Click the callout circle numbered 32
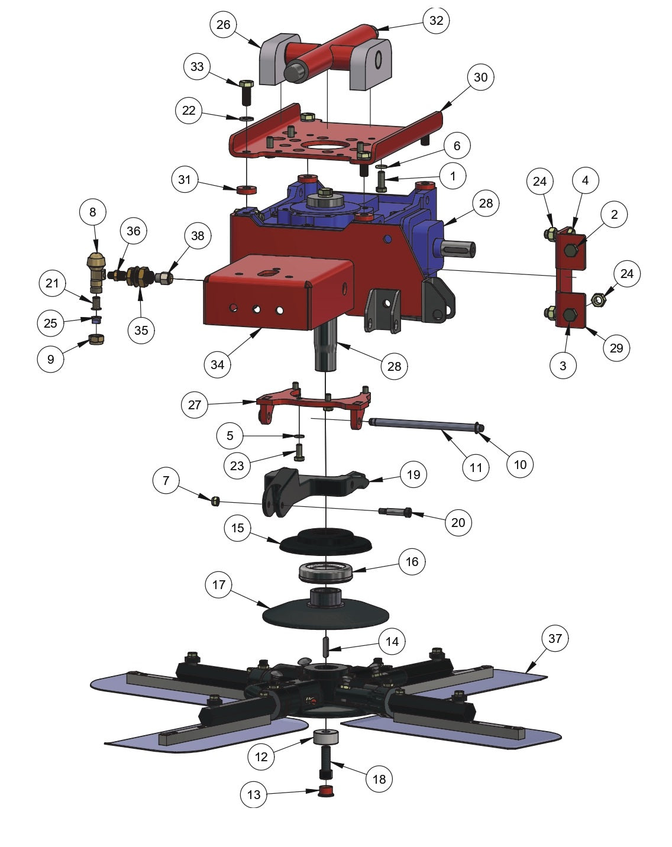point(436,21)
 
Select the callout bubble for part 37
point(554,638)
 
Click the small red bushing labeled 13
point(325,791)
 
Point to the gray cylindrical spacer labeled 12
point(325,738)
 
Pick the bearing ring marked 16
point(326,571)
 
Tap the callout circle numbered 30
point(480,77)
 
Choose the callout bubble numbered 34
point(217,364)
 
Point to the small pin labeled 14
point(325,646)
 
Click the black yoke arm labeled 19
point(314,486)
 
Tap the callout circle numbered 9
point(51,359)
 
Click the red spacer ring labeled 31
point(245,190)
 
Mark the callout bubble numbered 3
point(563,366)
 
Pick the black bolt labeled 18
point(326,763)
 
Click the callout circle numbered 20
point(458,522)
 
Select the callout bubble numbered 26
point(224,25)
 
